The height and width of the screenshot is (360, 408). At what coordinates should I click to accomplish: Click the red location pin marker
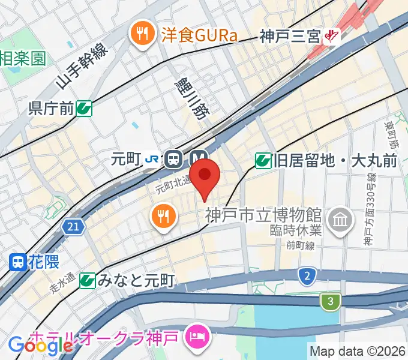[x=205, y=175]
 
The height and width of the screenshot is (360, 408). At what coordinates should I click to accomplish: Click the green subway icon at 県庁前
[x=85, y=108]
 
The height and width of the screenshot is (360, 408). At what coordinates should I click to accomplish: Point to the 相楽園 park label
[x=23, y=58]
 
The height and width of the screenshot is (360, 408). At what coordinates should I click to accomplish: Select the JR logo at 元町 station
[x=152, y=159]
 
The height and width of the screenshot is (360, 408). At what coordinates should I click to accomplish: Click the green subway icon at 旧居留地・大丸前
[x=263, y=160]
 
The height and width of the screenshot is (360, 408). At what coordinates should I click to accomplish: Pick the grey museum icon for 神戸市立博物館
[x=340, y=217]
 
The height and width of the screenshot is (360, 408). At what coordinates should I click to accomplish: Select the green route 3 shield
[x=329, y=301]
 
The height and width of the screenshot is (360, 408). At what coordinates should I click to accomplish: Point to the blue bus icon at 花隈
[x=18, y=262]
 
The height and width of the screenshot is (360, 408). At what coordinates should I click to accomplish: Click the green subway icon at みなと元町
[x=88, y=280]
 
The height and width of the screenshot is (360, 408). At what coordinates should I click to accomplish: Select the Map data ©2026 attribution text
[x=358, y=350]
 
